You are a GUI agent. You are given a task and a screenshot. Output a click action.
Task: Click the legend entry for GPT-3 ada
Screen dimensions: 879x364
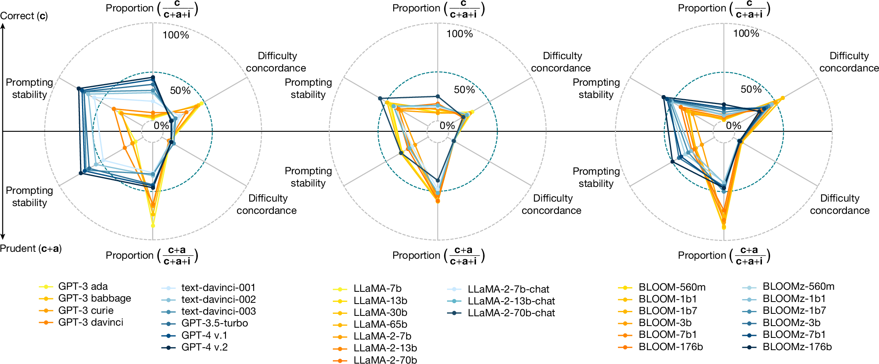pyautogui.click(x=73, y=286)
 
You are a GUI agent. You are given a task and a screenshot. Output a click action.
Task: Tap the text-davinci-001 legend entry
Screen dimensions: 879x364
pyautogui.click(x=208, y=288)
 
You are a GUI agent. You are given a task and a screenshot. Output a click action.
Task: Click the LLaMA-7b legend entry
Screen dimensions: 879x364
pyautogui.click(x=368, y=289)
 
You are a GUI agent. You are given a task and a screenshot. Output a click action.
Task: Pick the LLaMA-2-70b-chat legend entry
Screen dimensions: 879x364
pyautogui.click(x=501, y=313)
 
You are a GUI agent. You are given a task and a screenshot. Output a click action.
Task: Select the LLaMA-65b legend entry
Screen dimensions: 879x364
pyautogui.click(x=370, y=324)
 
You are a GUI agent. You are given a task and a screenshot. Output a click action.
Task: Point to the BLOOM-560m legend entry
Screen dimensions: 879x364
pyautogui.click(x=662, y=287)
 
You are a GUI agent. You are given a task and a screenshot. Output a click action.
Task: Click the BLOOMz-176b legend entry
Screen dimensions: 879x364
pyautogui.click(x=787, y=347)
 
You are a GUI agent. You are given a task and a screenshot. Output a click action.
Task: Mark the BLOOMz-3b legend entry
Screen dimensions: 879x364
pyautogui.click(x=781, y=323)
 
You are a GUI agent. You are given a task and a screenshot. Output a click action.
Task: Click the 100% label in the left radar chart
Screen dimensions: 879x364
pyautogui.click(x=176, y=35)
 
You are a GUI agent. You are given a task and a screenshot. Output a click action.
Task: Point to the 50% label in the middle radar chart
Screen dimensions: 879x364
pyautogui.click(x=465, y=90)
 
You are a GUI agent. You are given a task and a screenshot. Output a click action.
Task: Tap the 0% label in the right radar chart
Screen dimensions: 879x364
pyautogui.click(x=733, y=126)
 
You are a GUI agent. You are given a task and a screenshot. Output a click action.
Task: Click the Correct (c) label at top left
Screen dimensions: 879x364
pyautogui.click(x=24, y=16)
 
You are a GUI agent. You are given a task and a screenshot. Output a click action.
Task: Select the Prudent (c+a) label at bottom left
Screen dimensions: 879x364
pyautogui.click(x=31, y=249)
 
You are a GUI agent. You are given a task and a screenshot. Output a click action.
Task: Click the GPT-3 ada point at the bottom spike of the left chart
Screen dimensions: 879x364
pyautogui.click(x=153, y=226)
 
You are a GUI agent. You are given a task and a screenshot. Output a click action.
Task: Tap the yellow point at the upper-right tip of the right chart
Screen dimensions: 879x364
pyautogui.click(x=782, y=98)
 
